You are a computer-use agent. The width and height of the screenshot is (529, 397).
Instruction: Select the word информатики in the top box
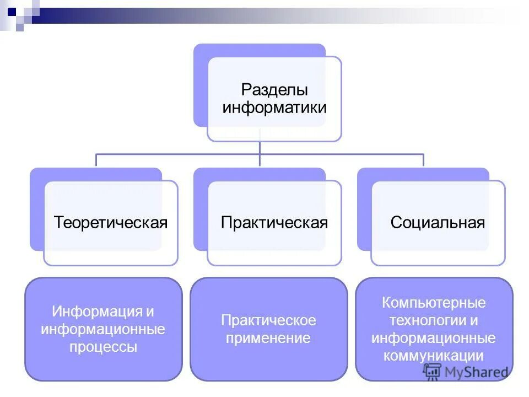[274, 107]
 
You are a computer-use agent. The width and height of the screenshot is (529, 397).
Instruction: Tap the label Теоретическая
[110, 223]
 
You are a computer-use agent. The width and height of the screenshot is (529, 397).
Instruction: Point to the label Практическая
[274, 223]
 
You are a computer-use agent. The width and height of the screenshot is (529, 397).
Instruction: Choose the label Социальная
[438, 223]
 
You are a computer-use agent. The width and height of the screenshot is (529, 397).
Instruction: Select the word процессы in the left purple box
[103, 347]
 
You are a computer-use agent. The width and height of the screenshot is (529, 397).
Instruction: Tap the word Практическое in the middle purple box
[268, 320]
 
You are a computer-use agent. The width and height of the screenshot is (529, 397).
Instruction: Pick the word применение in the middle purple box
[268, 338]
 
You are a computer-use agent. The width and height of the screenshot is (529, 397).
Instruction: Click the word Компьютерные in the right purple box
[434, 303]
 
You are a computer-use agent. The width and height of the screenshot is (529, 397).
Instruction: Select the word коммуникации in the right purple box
[434, 356]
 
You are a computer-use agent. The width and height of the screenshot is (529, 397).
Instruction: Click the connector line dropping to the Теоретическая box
[96, 160]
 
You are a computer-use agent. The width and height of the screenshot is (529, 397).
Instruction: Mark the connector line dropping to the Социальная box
[423, 160]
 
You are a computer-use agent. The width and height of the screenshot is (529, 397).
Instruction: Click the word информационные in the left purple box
[103, 330]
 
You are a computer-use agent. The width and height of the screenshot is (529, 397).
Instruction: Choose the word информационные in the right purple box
[434, 338]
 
